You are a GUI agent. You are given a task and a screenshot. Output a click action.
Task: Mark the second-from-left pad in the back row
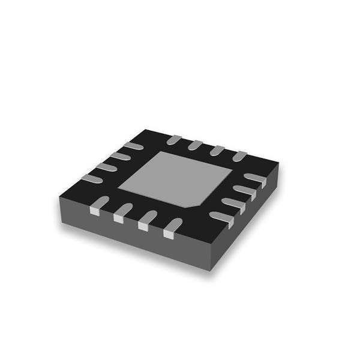tap(195, 145)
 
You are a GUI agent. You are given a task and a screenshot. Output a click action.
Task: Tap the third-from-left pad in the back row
tap(217, 150)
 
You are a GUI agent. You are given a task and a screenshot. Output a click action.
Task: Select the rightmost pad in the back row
tap(239, 156)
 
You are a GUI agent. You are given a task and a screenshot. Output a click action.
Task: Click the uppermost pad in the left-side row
tap(133, 146)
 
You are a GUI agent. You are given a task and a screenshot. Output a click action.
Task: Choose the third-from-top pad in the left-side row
tap(106, 167)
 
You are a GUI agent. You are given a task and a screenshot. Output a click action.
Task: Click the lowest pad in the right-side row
tap(221, 218)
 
